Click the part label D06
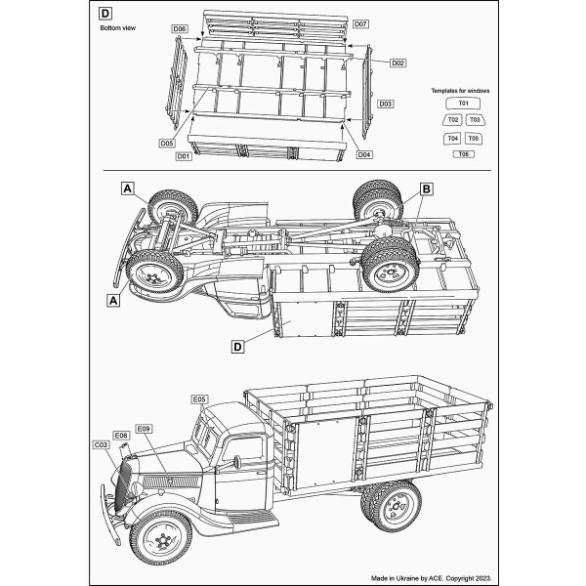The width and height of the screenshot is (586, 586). [x=179, y=29]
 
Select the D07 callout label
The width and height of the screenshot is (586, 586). [x=360, y=23]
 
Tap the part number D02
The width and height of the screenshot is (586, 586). [x=398, y=63]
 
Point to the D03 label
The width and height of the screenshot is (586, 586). [x=385, y=104]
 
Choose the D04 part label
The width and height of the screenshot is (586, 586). [x=363, y=154]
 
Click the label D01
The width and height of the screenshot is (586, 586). [x=183, y=156]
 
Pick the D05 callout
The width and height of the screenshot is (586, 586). [x=167, y=143]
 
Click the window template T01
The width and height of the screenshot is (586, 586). [x=463, y=103]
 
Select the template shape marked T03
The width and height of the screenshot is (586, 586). [x=474, y=120]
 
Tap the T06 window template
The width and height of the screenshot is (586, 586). [x=463, y=155]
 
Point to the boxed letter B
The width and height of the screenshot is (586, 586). [x=426, y=188]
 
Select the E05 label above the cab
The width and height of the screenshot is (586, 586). [x=199, y=399]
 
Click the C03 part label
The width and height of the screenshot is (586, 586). [x=101, y=444]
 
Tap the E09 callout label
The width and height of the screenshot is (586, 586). [x=145, y=429]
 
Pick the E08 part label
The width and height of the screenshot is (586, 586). [x=121, y=436]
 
